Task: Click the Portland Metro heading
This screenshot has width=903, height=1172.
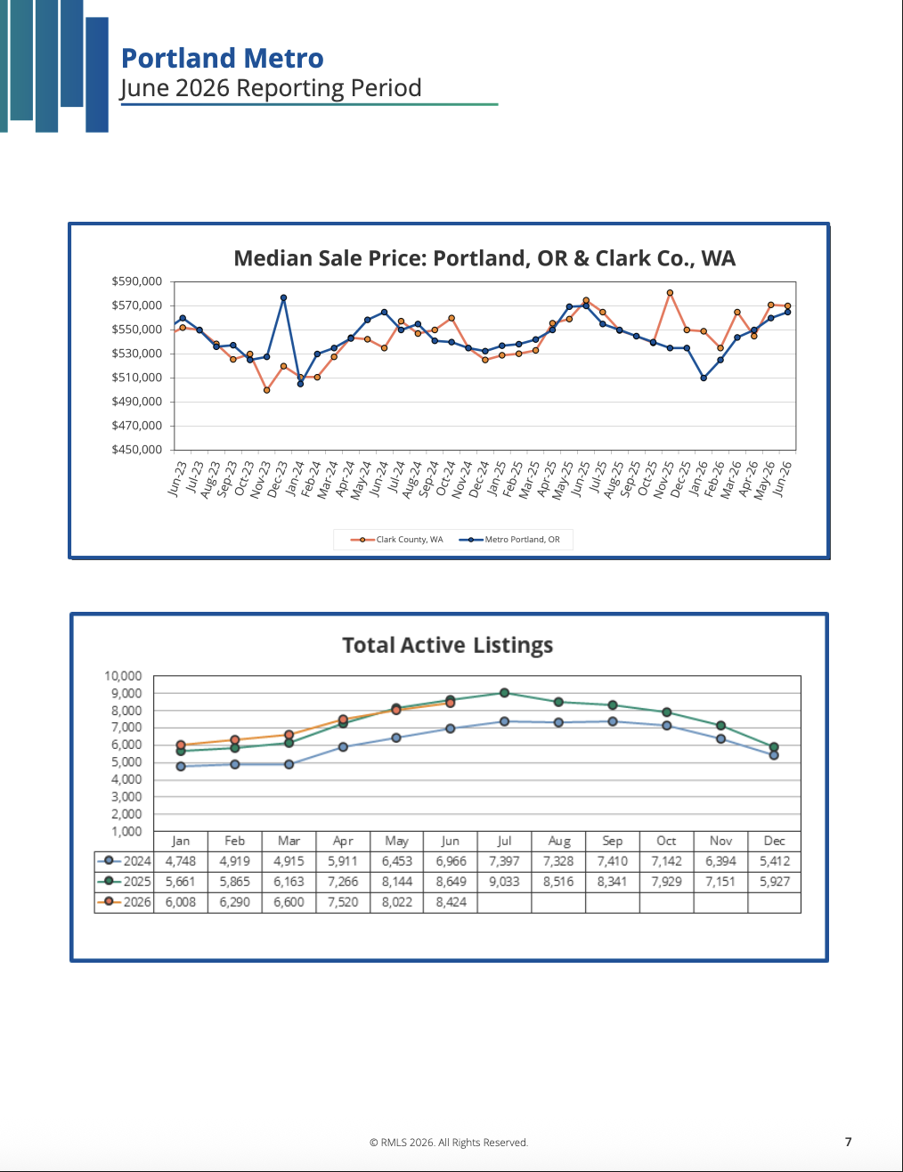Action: pyautogui.click(x=222, y=58)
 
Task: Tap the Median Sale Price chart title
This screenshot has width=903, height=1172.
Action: pyautogui.click(x=484, y=258)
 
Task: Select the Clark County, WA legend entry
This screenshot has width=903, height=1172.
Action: pyautogui.click(x=397, y=540)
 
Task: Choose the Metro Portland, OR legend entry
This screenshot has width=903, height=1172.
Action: pyautogui.click(x=509, y=540)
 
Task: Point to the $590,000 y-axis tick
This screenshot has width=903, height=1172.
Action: pyautogui.click(x=136, y=281)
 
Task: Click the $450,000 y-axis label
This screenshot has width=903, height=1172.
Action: pyautogui.click(x=136, y=450)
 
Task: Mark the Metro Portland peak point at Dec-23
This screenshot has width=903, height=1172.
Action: pyautogui.click(x=283, y=297)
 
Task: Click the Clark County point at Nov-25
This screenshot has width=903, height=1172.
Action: pyautogui.click(x=670, y=293)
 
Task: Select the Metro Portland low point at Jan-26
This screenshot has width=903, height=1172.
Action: pyautogui.click(x=704, y=378)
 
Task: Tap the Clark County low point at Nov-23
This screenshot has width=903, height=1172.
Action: pyautogui.click(x=267, y=390)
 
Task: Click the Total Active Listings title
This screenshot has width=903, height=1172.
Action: pyautogui.click(x=447, y=645)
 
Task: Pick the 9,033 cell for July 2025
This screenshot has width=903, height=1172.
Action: pyautogui.click(x=504, y=882)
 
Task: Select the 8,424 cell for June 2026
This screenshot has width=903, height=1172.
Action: pyautogui.click(x=451, y=902)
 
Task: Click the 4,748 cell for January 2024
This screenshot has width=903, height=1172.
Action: pyautogui.click(x=181, y=861)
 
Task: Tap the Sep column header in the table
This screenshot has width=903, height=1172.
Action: pyautogui.click(x=613, y=841)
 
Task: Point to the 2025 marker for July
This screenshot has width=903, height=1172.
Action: pyautogui.click(x=504, y=693)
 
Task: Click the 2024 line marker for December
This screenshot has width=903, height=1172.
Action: pyautogui.click(x=774, y=755)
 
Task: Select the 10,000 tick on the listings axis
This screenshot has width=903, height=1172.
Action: pyautogui.click(x=123, y=676)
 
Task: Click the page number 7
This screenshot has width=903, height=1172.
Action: pyautogui.click(x=848, y=1142)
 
